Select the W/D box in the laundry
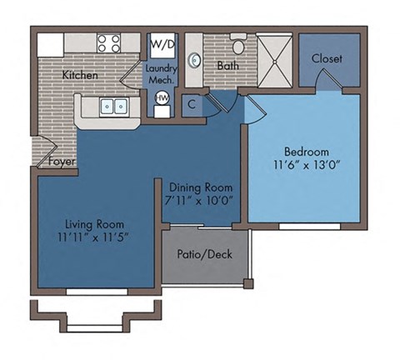coord(162,44)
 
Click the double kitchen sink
coord(113,107)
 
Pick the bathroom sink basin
coord(194,60)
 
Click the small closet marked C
coord(192,104)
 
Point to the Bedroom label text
coord(306,152)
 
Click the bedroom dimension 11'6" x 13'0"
coord(306,165)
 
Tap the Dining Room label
coord(200,187)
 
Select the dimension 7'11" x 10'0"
coord(198,201)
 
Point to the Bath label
coord(227,65)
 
